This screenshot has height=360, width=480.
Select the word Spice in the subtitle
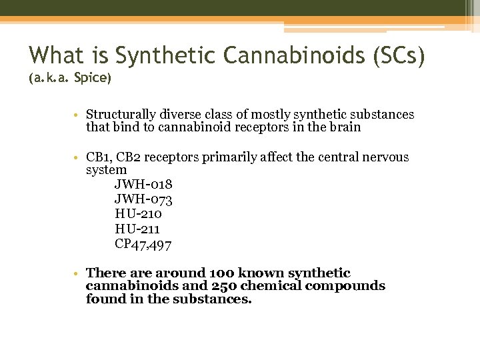93,78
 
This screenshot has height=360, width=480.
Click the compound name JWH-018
143,184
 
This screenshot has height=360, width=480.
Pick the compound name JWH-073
143,199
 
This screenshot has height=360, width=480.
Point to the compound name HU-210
138,214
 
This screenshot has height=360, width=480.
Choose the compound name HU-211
137,229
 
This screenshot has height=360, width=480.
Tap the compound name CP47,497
143,245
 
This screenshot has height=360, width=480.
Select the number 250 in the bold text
223,286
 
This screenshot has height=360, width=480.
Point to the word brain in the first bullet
344,127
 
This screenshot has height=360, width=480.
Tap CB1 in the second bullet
98,157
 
